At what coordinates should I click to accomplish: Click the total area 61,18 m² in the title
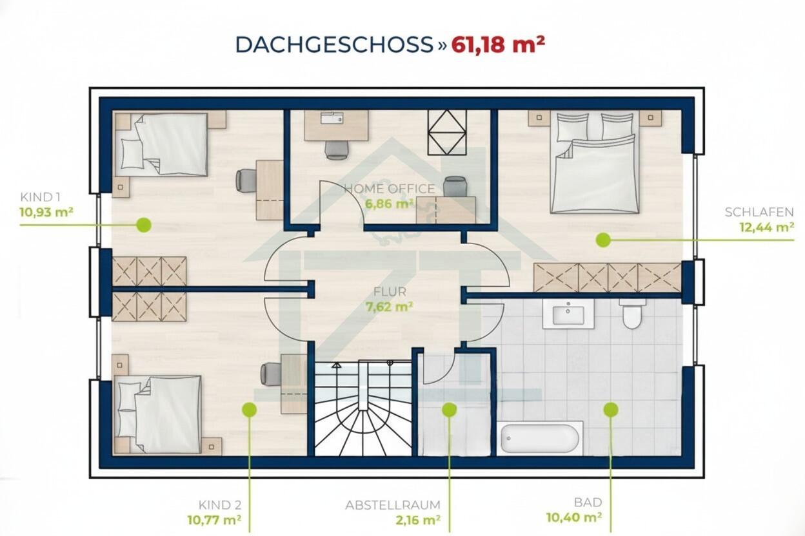click(498, 45)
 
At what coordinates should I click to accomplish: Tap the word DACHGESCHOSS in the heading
click(334, 45)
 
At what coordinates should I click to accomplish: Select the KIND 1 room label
click(40, 197)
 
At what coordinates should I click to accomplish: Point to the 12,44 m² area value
click(766, 227)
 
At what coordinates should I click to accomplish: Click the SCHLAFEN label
click(759, 212)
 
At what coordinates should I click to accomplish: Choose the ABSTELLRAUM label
click(393, 505)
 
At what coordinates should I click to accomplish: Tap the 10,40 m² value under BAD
click(574, 517)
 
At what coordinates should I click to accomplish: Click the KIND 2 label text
click(220, 505)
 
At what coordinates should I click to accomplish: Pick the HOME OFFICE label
click(390, 189)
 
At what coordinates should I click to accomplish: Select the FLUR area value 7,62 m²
click(389, 307)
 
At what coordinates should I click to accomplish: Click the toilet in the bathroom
click(633, 313)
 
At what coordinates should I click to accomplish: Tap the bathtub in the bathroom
click(540, 437)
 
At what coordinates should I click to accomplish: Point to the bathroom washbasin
click(568, 314)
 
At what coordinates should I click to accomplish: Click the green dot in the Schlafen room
click(603, 240)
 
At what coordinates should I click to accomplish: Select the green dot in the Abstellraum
click(449, 410)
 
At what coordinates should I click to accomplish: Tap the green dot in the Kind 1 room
click(144, 225)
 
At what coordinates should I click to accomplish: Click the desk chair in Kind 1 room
click(246, 180)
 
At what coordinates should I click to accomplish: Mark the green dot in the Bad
click(611, 410)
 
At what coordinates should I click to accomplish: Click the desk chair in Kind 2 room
click(272, 374)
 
